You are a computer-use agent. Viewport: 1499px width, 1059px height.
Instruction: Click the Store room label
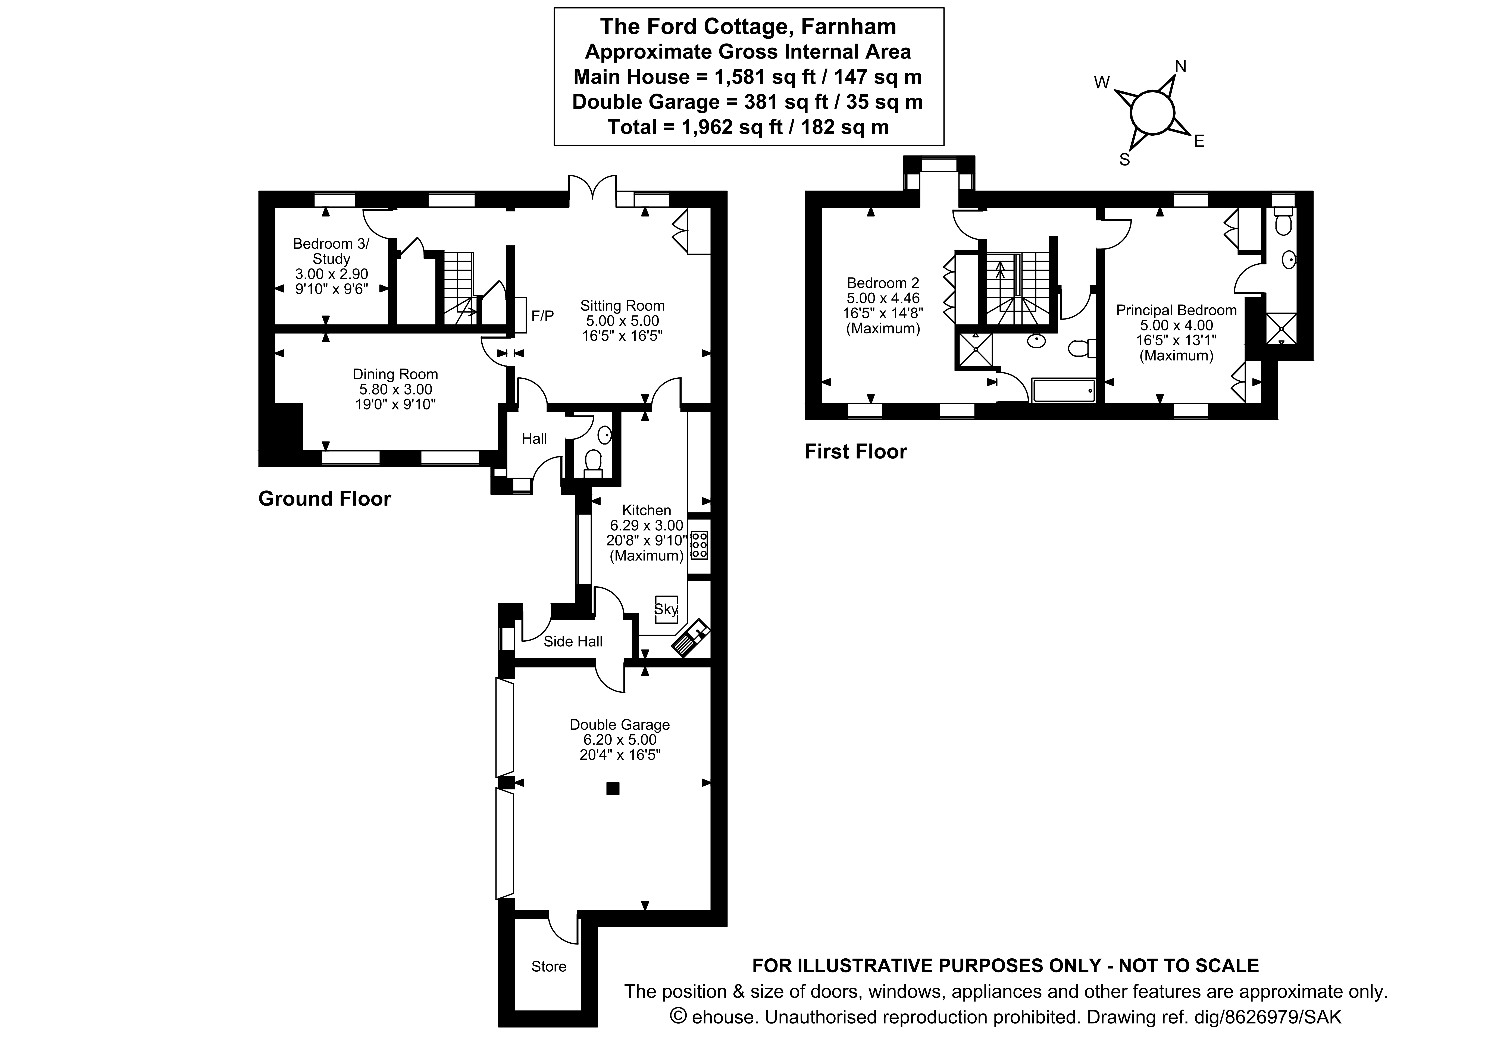click(x=548, y=966)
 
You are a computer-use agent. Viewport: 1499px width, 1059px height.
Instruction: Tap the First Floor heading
click(x=855, y=452)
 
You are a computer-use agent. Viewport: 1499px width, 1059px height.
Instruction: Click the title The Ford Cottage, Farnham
click(x=748, y=27)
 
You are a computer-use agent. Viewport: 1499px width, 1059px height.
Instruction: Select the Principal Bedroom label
click(x=1176, y=311)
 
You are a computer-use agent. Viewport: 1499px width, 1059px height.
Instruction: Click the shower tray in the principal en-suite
click(x=1281, y=328)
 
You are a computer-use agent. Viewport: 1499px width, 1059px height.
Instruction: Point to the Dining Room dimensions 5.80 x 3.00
click(x=395, y=390)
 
